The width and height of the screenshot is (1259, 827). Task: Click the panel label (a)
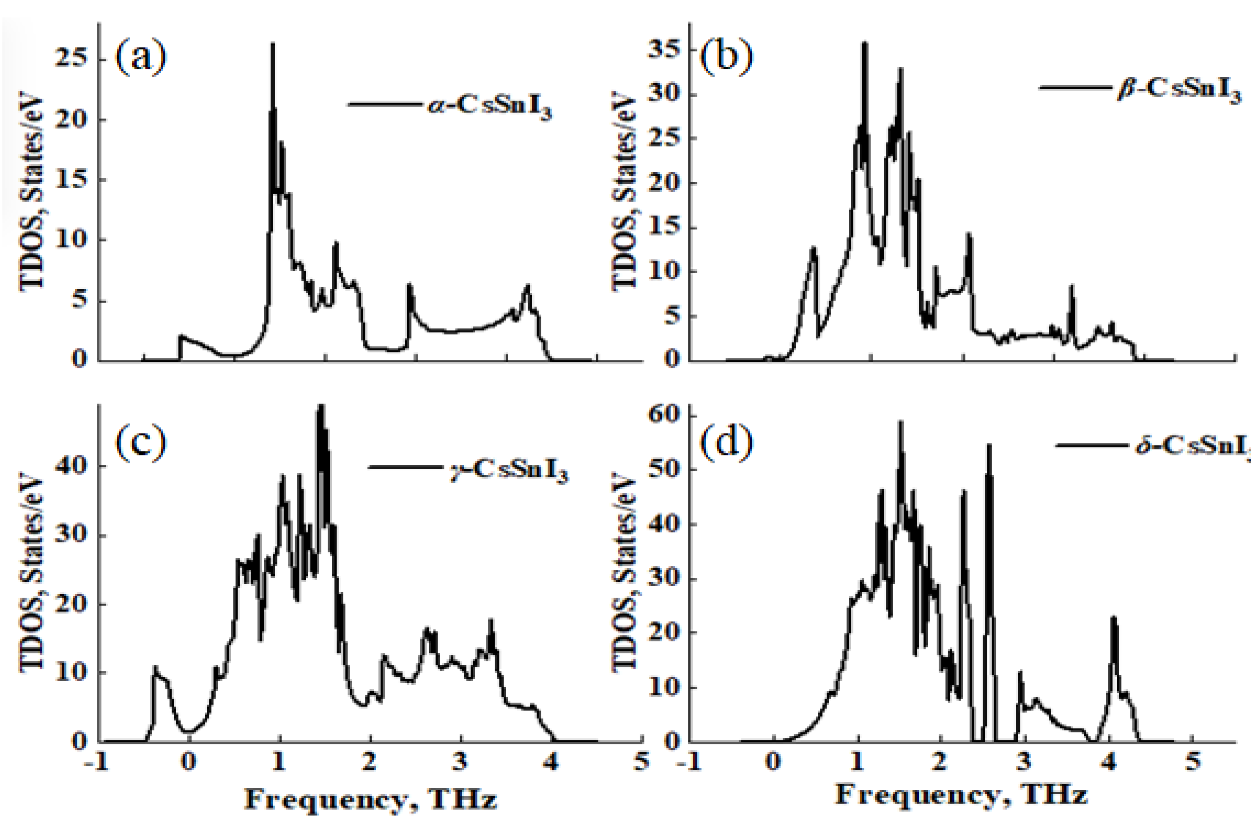[x=141, y=58]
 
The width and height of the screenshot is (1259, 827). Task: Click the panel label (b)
[x=726, y=58]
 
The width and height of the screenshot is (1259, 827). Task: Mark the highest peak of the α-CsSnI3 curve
[x=273, y=45]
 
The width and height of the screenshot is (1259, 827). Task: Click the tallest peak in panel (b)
[x=865, y=44]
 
